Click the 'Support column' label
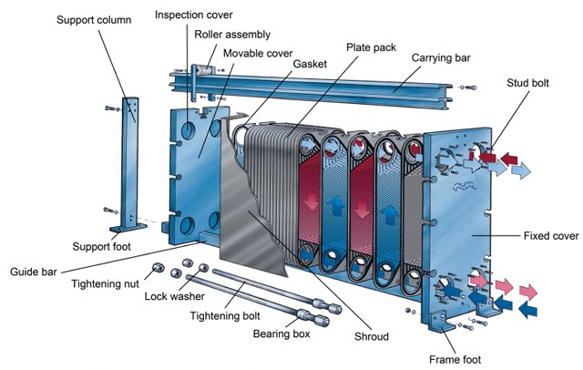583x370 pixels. [95, 20]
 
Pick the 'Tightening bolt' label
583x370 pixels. [224, 315]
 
